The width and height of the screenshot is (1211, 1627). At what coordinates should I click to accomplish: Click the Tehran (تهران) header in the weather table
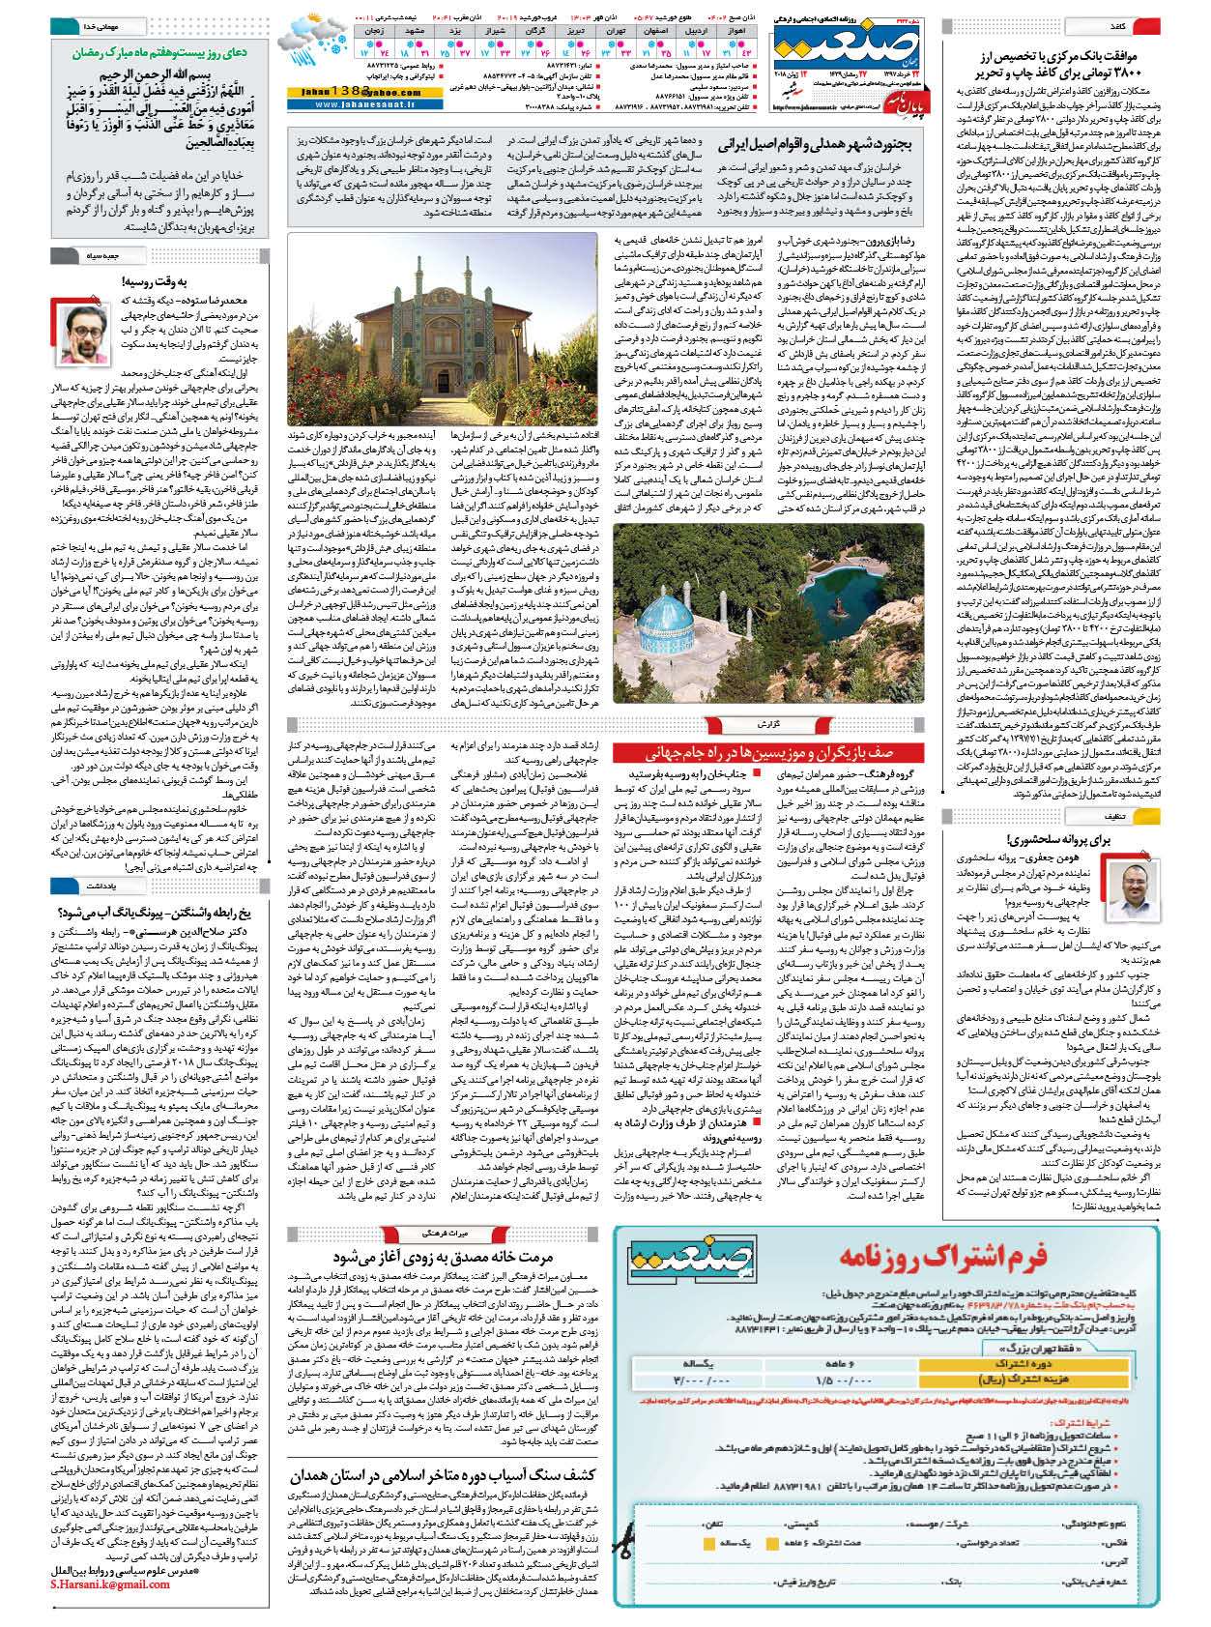pyautogui.click(x=616, y=31)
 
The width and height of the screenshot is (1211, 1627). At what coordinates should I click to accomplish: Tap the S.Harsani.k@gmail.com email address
pyautogui.click(x=110, y=1584)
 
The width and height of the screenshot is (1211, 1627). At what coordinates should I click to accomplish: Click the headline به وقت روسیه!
pyautogui.click(x=154, y=281)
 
